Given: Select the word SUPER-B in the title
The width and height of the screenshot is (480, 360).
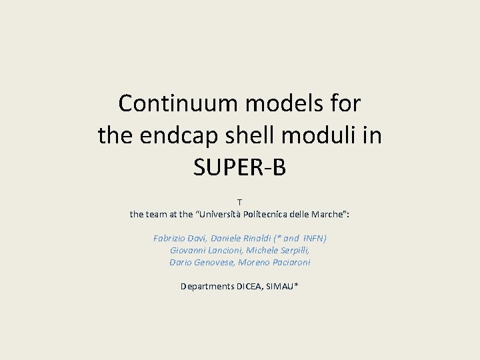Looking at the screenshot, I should pos(239,167).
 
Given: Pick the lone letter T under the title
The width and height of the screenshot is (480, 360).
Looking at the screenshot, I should pos(240,202).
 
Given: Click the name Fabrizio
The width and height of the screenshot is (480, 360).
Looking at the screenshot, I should pos(171,238).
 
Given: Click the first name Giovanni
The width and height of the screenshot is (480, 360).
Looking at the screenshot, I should pos(187,250).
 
